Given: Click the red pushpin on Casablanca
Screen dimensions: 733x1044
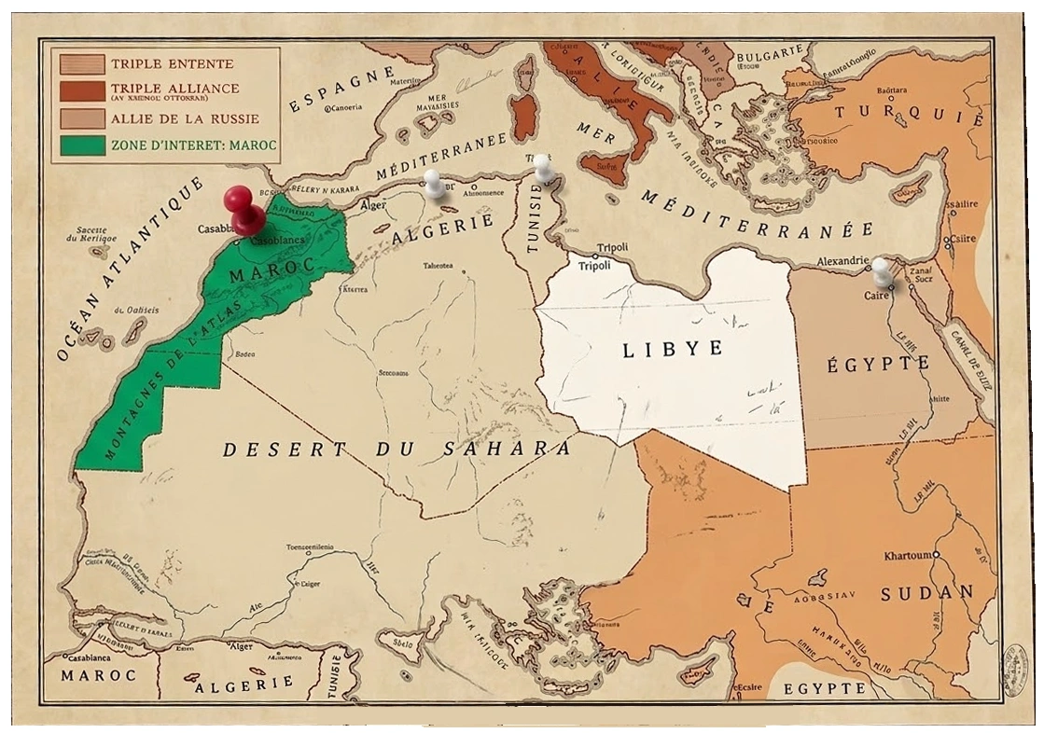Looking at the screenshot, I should (243, 209).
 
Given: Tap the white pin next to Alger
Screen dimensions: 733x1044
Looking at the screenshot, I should (434, 182).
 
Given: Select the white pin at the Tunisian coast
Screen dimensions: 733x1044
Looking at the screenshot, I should (544, 168).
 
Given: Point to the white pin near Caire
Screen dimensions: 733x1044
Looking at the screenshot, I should (881, 270).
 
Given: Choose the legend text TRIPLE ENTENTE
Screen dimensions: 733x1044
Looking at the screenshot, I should (172, 64).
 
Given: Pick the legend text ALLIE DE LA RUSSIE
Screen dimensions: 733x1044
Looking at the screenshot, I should (185, 119).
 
